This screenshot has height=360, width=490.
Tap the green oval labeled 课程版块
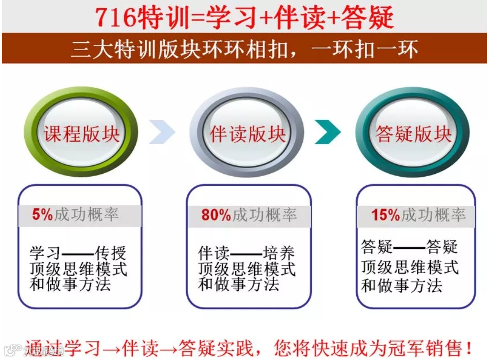(82, 133)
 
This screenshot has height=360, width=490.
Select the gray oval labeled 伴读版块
(247, 133)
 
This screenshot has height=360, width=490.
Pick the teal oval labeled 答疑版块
(413, 133)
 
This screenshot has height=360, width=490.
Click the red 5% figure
(43, 215)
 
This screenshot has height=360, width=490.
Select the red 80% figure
(216, 215)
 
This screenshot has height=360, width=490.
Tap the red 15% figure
(385, 215)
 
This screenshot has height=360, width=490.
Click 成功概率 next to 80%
(265, 215)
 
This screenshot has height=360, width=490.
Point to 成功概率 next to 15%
(433, 215)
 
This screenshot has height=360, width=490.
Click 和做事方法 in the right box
(402, 286)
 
